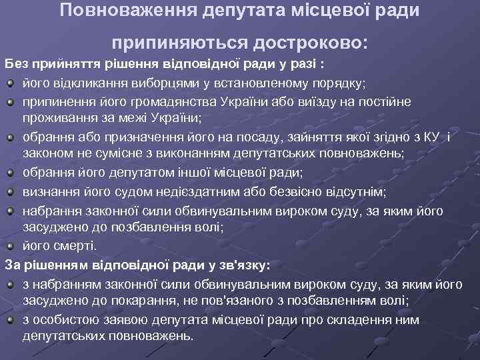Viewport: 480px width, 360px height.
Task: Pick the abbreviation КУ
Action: click(x=433, y=137)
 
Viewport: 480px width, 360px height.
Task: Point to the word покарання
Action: click(x=134, y=301)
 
